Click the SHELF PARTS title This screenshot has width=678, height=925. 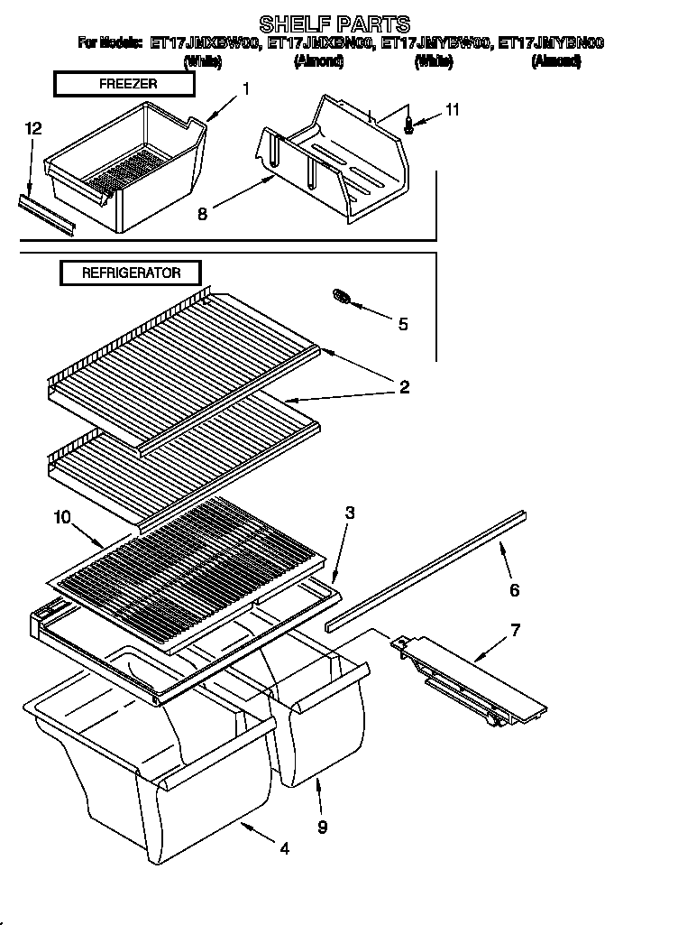click(x=334, y=23)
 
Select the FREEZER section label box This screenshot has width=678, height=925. click(x=124, y=84)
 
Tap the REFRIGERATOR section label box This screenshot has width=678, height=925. click(x=131, y=273)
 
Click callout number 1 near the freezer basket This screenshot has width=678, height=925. click(x=245, y=88)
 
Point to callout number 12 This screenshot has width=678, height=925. click(x=33, y=128)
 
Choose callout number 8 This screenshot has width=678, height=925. click(x=202, y=214)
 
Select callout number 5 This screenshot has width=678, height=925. click(x=402, y=324)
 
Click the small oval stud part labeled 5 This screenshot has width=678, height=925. click(x=343, y=297)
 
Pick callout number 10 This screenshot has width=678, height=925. click(x=61, y=516)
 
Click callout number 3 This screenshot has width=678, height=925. click(x=350, y=513)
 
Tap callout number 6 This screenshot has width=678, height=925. click(x=515, y=590)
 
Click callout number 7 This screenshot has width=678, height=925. click(x=515, y=629)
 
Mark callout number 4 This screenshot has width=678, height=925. click(x=285, y=848)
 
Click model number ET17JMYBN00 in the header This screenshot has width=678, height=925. click(x=551, y=42)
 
